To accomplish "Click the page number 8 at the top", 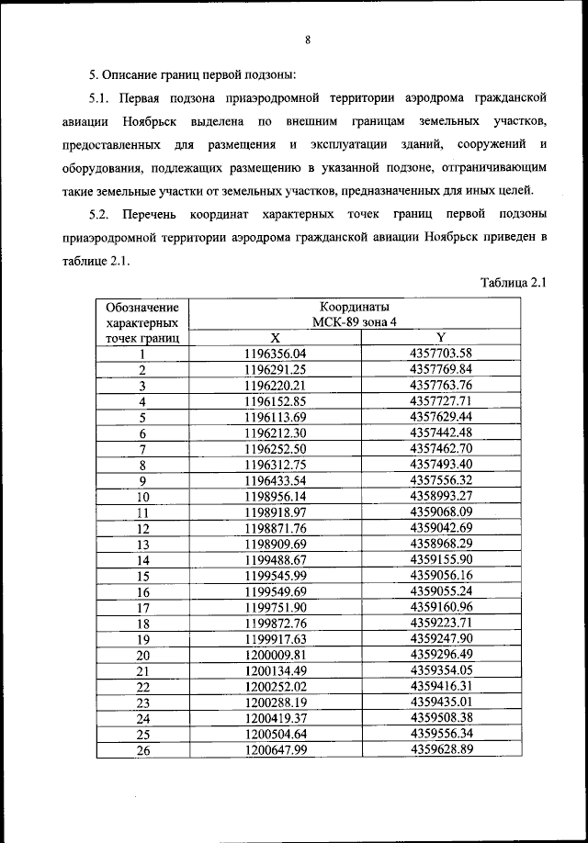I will (309, 39).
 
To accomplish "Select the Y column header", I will (441, 338).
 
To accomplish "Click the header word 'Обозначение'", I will (142, 307).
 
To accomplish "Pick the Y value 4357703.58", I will (441, 354).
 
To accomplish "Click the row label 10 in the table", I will (143, 496).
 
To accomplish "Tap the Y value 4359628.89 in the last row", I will (441, 750).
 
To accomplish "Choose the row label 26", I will (143, 750).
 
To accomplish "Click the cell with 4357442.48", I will (441, 433).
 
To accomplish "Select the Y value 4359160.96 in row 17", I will (441, 607).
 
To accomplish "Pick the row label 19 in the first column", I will (143, 639).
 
